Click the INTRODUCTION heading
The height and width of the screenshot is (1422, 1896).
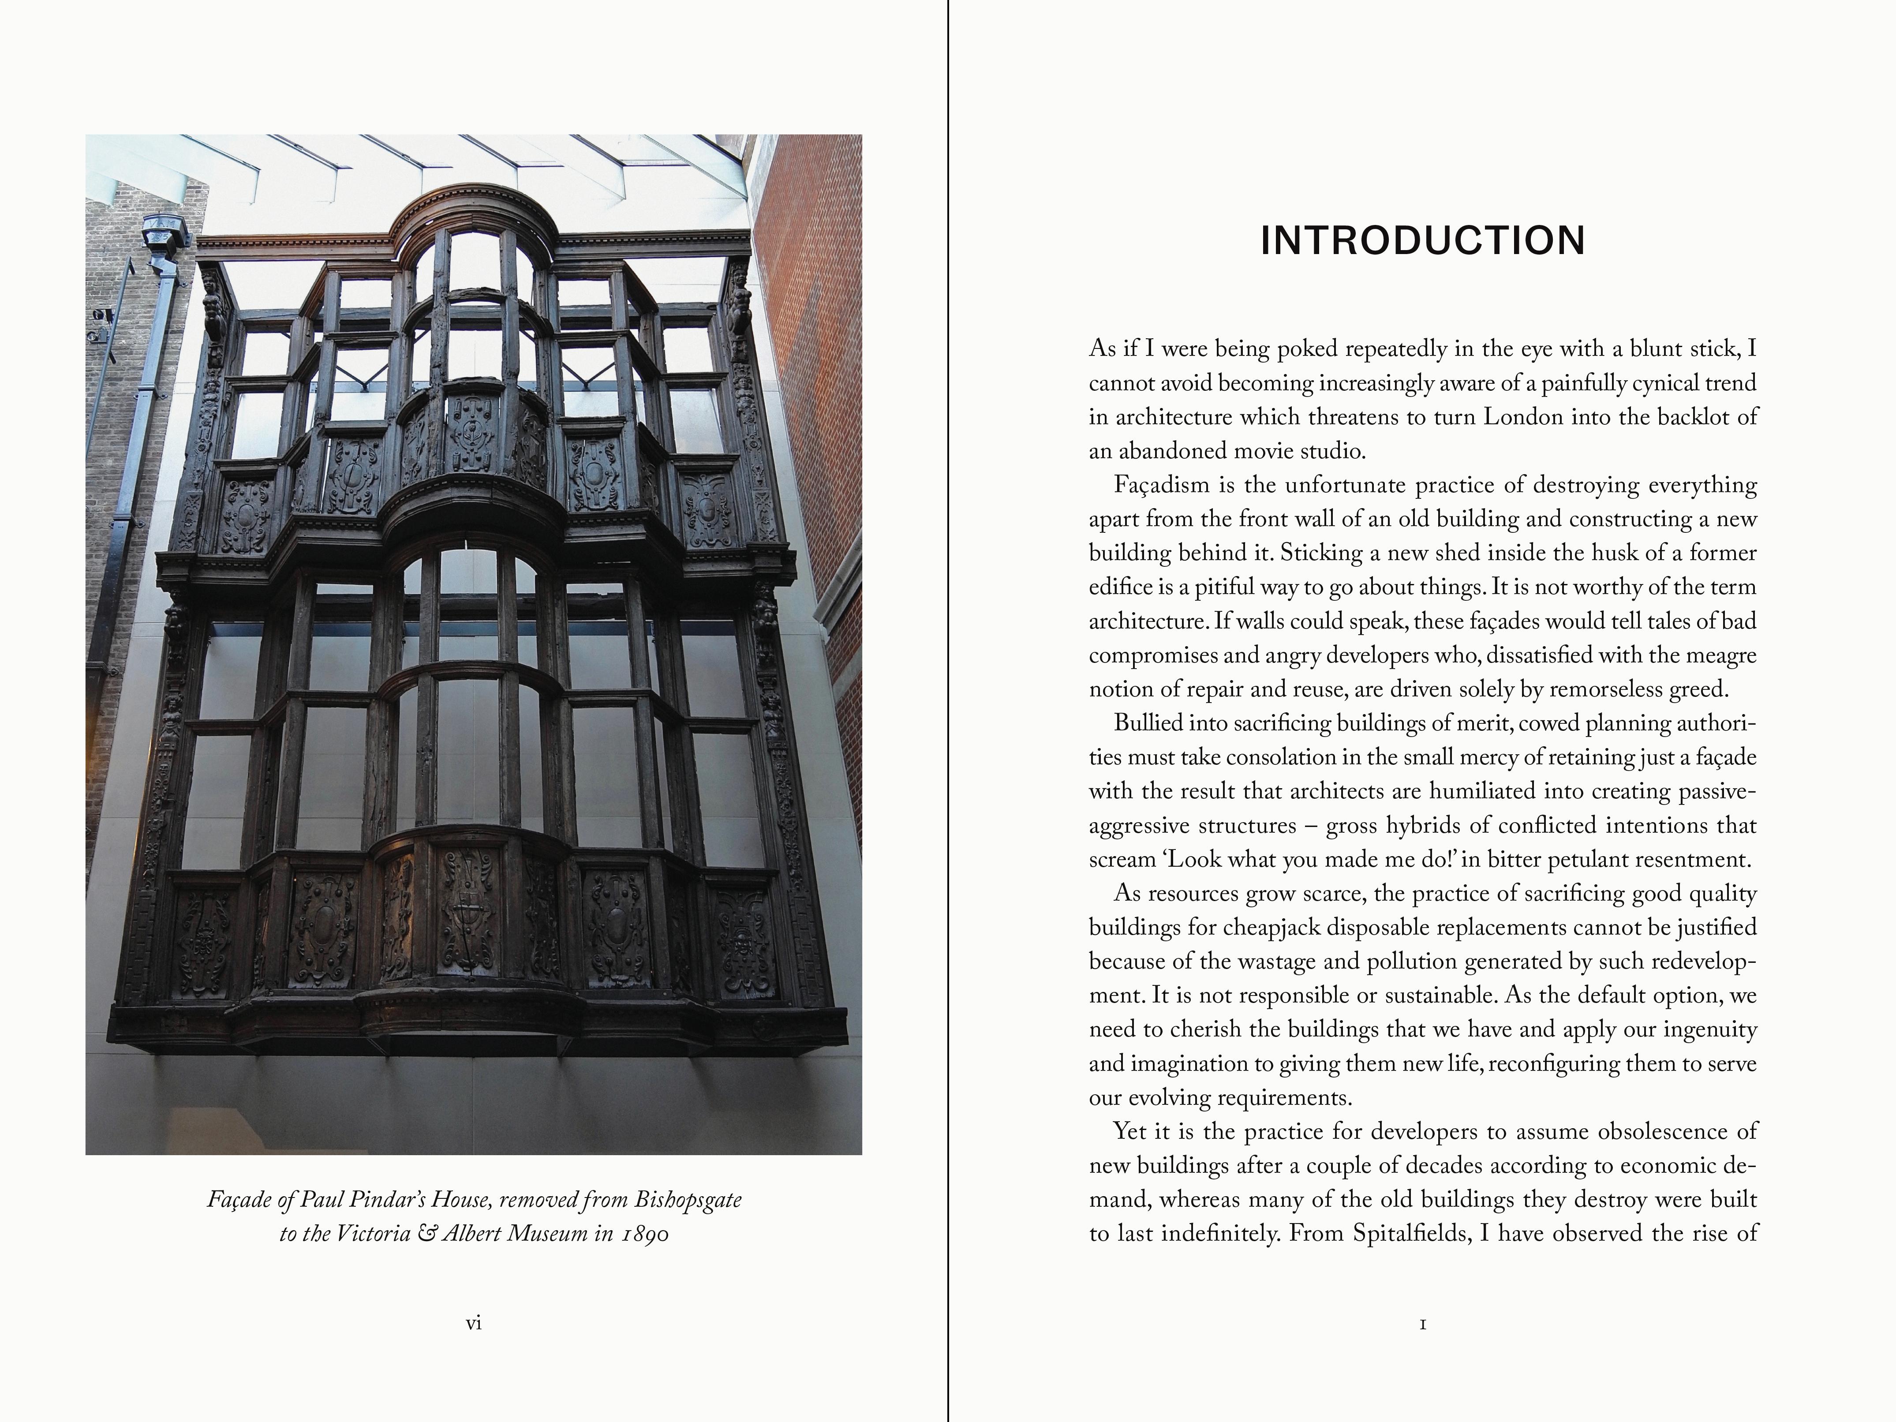tap(1422, 241)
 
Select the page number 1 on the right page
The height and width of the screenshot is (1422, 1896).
tap(1423, 1324)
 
